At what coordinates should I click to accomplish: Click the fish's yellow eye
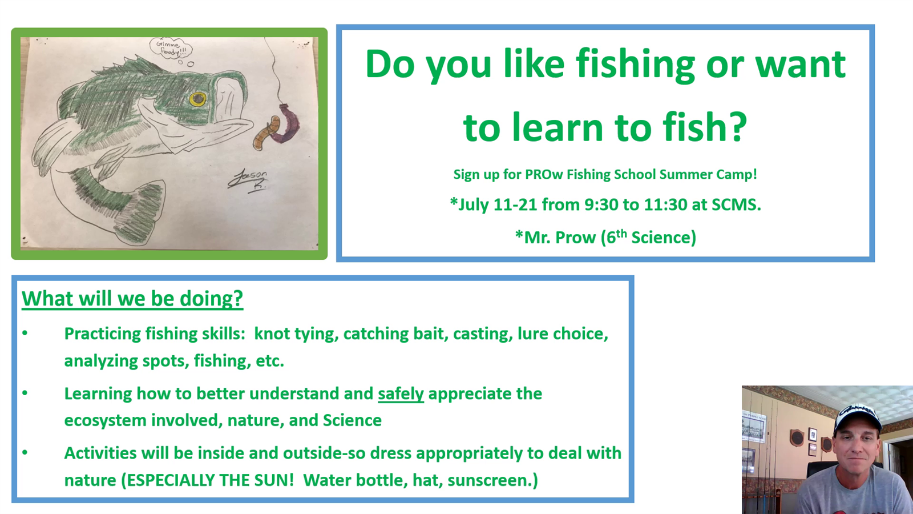click(x=197, y=98)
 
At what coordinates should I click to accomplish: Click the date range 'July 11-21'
click(x=497, y=204)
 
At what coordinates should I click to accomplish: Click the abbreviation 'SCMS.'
click(x=736, y=204)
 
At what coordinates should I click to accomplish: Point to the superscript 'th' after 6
click(x=621, y=234)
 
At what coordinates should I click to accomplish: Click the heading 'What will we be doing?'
click(x=132, y=298)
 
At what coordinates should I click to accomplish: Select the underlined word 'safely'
click(x=401, y=394)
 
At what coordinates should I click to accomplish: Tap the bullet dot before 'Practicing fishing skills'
click(x=25, y=334)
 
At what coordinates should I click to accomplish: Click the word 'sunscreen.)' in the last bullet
click(x=493, y=480)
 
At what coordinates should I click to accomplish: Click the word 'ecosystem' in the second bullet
click(x=105, y=420)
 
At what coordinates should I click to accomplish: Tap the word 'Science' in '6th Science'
click(x=664, y=238)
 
